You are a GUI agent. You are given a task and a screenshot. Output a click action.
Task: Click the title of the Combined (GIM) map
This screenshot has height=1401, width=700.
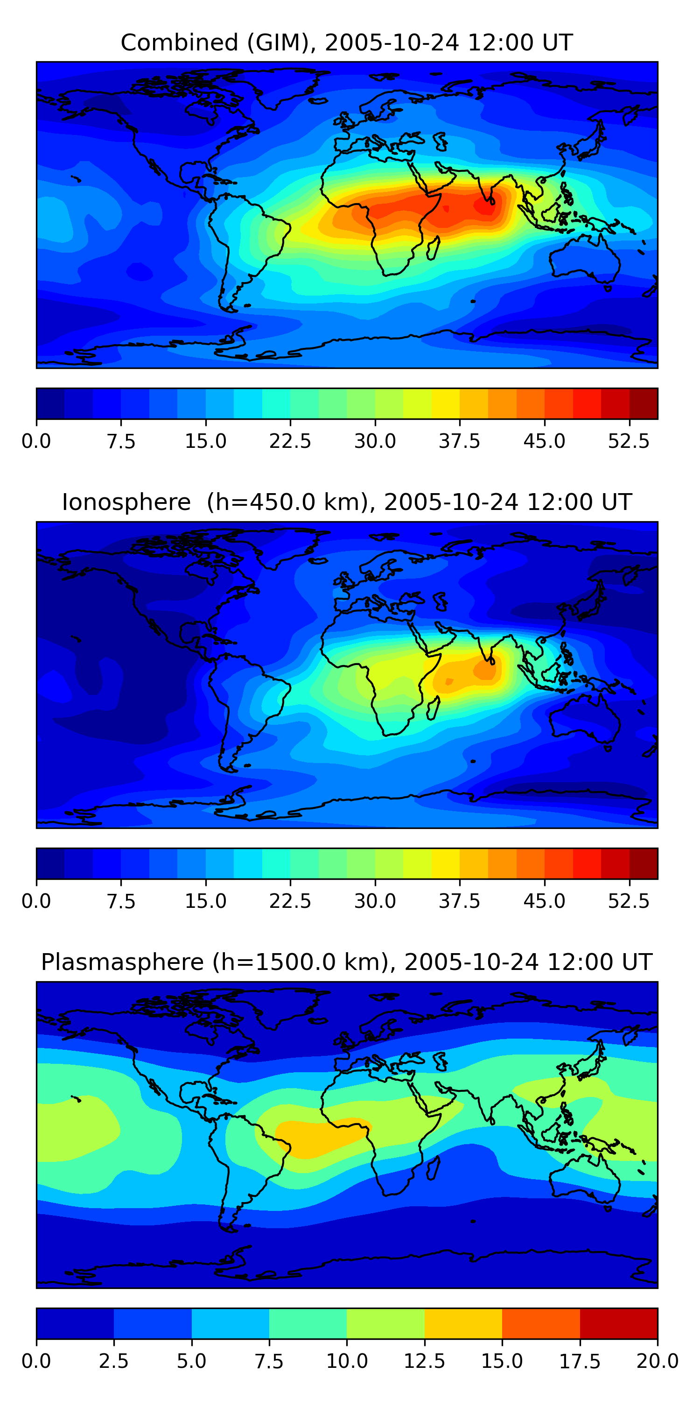(x=347, y=42)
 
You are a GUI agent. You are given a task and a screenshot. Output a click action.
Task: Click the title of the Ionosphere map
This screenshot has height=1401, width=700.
(x=347, y=502)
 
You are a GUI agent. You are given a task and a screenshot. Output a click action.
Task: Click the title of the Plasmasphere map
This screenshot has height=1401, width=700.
(x=347, y=962)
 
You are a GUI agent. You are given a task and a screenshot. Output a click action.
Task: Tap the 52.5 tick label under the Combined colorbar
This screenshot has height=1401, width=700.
(x=629, y=441)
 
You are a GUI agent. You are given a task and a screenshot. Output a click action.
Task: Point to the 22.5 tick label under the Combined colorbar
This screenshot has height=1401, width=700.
(x=290, y=441)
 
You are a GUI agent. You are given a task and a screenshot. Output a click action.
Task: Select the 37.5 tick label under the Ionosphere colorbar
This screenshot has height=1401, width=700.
(x=460, y=901)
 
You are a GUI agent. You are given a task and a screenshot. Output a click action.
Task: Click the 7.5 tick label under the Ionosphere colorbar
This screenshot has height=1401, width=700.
(x=121, y=901)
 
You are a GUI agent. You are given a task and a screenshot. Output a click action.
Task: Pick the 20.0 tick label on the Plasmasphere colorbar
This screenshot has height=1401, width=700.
(x=658, y=1361)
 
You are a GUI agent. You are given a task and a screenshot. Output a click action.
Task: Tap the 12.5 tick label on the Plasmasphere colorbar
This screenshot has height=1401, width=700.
(x=425, y=1361)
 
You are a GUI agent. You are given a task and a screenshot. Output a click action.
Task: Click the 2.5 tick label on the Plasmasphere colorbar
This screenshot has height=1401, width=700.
(x=113, y=1361)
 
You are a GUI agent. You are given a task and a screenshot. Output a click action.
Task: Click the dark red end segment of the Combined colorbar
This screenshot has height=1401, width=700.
(x=644, y=403)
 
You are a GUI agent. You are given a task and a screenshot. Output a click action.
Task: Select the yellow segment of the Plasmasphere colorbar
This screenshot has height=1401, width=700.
(x=463, y=1323)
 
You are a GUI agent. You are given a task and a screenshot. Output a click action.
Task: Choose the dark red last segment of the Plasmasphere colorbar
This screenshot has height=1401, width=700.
(x=618, y=1323)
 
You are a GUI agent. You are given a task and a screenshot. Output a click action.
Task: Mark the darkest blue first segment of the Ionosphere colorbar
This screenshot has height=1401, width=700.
(x=50, y=863)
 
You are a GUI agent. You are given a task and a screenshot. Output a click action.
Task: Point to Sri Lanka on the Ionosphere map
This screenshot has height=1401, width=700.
(x=492, y=661)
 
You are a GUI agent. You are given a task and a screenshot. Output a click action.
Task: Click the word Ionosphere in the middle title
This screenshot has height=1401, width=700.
(x=126, y=502)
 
